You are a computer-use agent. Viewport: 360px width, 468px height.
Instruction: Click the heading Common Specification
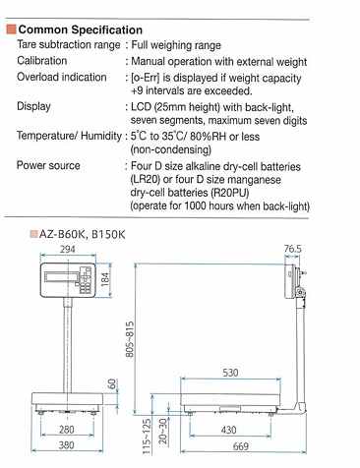81,29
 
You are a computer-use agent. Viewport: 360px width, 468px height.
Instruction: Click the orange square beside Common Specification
12,29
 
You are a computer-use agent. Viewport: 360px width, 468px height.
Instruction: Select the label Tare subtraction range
69,44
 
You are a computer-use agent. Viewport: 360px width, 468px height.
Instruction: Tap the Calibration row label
42,61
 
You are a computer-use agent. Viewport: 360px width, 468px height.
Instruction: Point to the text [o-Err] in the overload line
146,78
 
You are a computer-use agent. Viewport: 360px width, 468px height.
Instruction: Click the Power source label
48,165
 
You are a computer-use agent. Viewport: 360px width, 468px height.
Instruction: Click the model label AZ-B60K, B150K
82,235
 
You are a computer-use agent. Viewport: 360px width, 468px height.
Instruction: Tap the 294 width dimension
68,249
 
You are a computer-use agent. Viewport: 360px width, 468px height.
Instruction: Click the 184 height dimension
105,279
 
